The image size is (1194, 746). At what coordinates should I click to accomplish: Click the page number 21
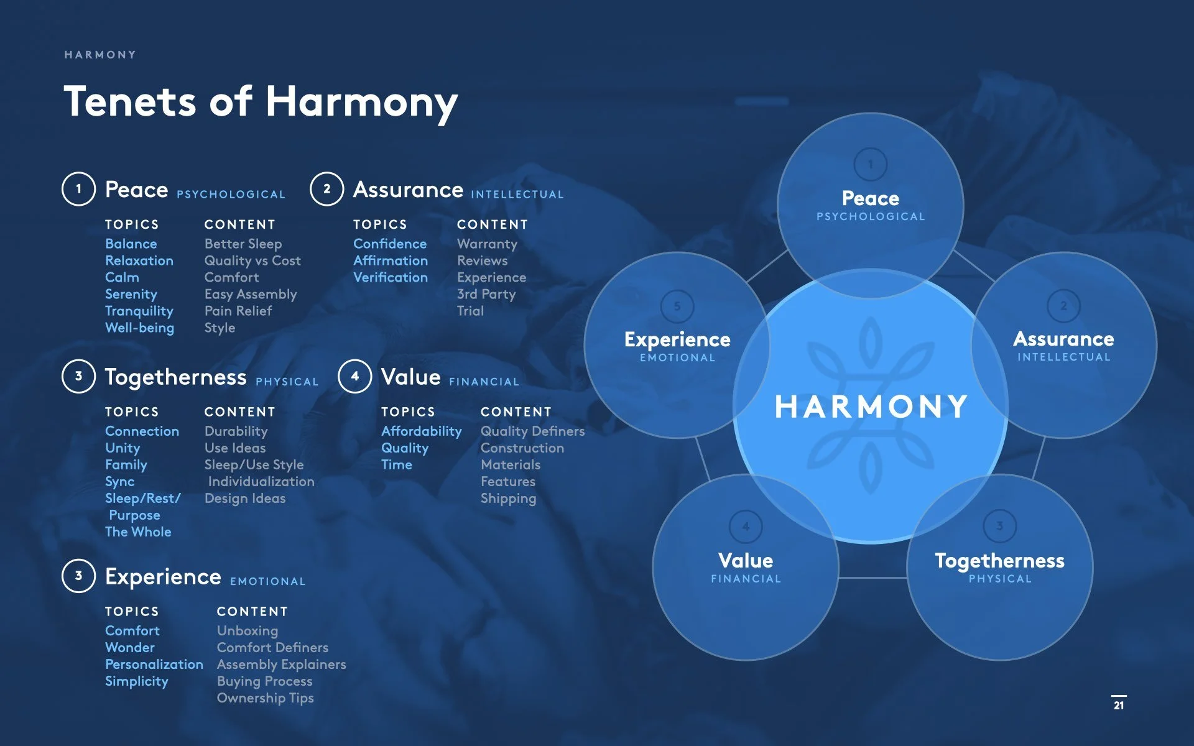click(x=1118, y=705)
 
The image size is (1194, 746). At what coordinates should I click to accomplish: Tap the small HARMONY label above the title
click(x=100, y=55)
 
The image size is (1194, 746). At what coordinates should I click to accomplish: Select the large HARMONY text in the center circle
click(x=871, y=407)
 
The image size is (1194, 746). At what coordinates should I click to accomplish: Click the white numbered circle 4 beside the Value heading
click(x=354, y=376)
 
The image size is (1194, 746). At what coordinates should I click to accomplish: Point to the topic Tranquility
click(x=139, y=311)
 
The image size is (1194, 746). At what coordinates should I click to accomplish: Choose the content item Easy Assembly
click(x=251, y=294)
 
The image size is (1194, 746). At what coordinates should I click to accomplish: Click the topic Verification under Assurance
click(x=391, y=277)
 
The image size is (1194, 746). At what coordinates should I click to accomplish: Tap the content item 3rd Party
click(x=486, y=294)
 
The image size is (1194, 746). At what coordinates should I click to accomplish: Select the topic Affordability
click(x=421, y=431)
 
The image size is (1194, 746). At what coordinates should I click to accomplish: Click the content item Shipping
click(x=508, y=498)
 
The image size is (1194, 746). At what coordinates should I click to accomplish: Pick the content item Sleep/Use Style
click(x=254, y=464)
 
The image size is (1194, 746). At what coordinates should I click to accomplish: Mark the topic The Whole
click(x=138, y=532)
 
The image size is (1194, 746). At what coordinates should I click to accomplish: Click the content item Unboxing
click(x=248, y=630)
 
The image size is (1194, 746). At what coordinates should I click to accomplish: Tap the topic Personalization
click(x=154, y=664)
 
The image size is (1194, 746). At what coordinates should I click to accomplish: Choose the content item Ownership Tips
click(x=265, y=698)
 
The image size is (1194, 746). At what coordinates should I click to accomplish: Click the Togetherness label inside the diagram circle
click(x=999, y=561)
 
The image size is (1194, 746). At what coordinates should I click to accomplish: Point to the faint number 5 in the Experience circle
click(x=677, y=306)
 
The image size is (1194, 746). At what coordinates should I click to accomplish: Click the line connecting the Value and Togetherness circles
click(x=872, y=578)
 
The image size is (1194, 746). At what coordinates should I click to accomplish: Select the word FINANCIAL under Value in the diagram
click(x=746, y=579)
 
